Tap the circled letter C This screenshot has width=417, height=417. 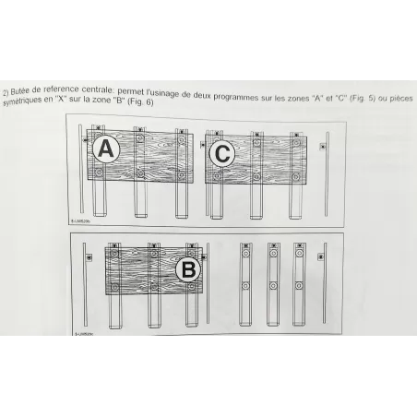pyautogui.click(x=222, y=154)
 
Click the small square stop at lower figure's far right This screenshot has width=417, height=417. pyautogui.click(x=319, y=256)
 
